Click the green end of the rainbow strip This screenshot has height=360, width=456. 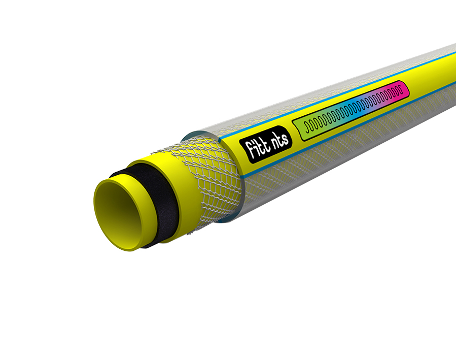(303, 125)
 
